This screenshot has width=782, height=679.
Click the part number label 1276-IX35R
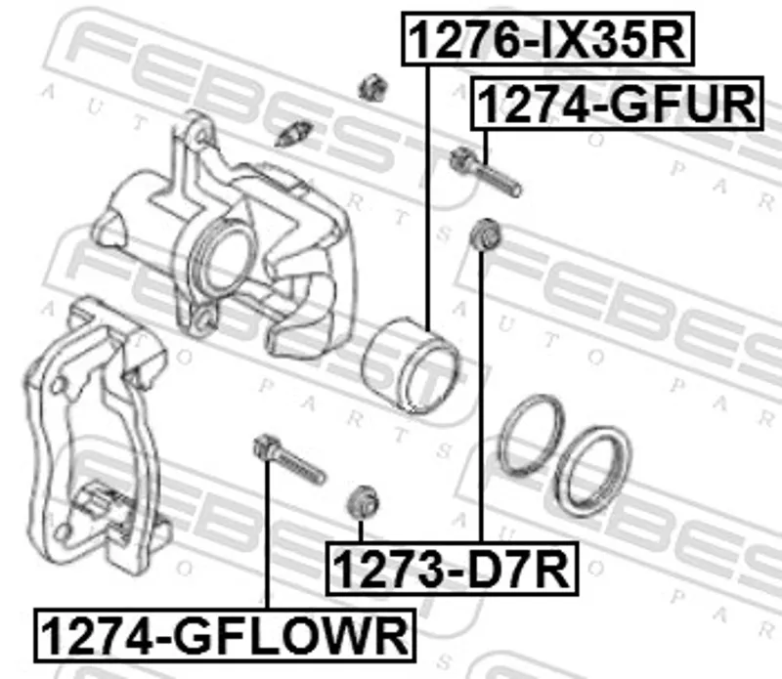click(548, 39)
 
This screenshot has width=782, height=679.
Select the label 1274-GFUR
click(618, 104)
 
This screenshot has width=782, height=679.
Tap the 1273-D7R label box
click(452, 569)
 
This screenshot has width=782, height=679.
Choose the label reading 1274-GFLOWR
click(225, 636)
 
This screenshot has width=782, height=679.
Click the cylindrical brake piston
click(411, 365)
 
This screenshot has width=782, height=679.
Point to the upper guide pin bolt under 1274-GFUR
click(485, 172)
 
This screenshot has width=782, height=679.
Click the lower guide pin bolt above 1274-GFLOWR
click(289, 459)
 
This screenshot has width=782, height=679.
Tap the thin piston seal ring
click(533, 435)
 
